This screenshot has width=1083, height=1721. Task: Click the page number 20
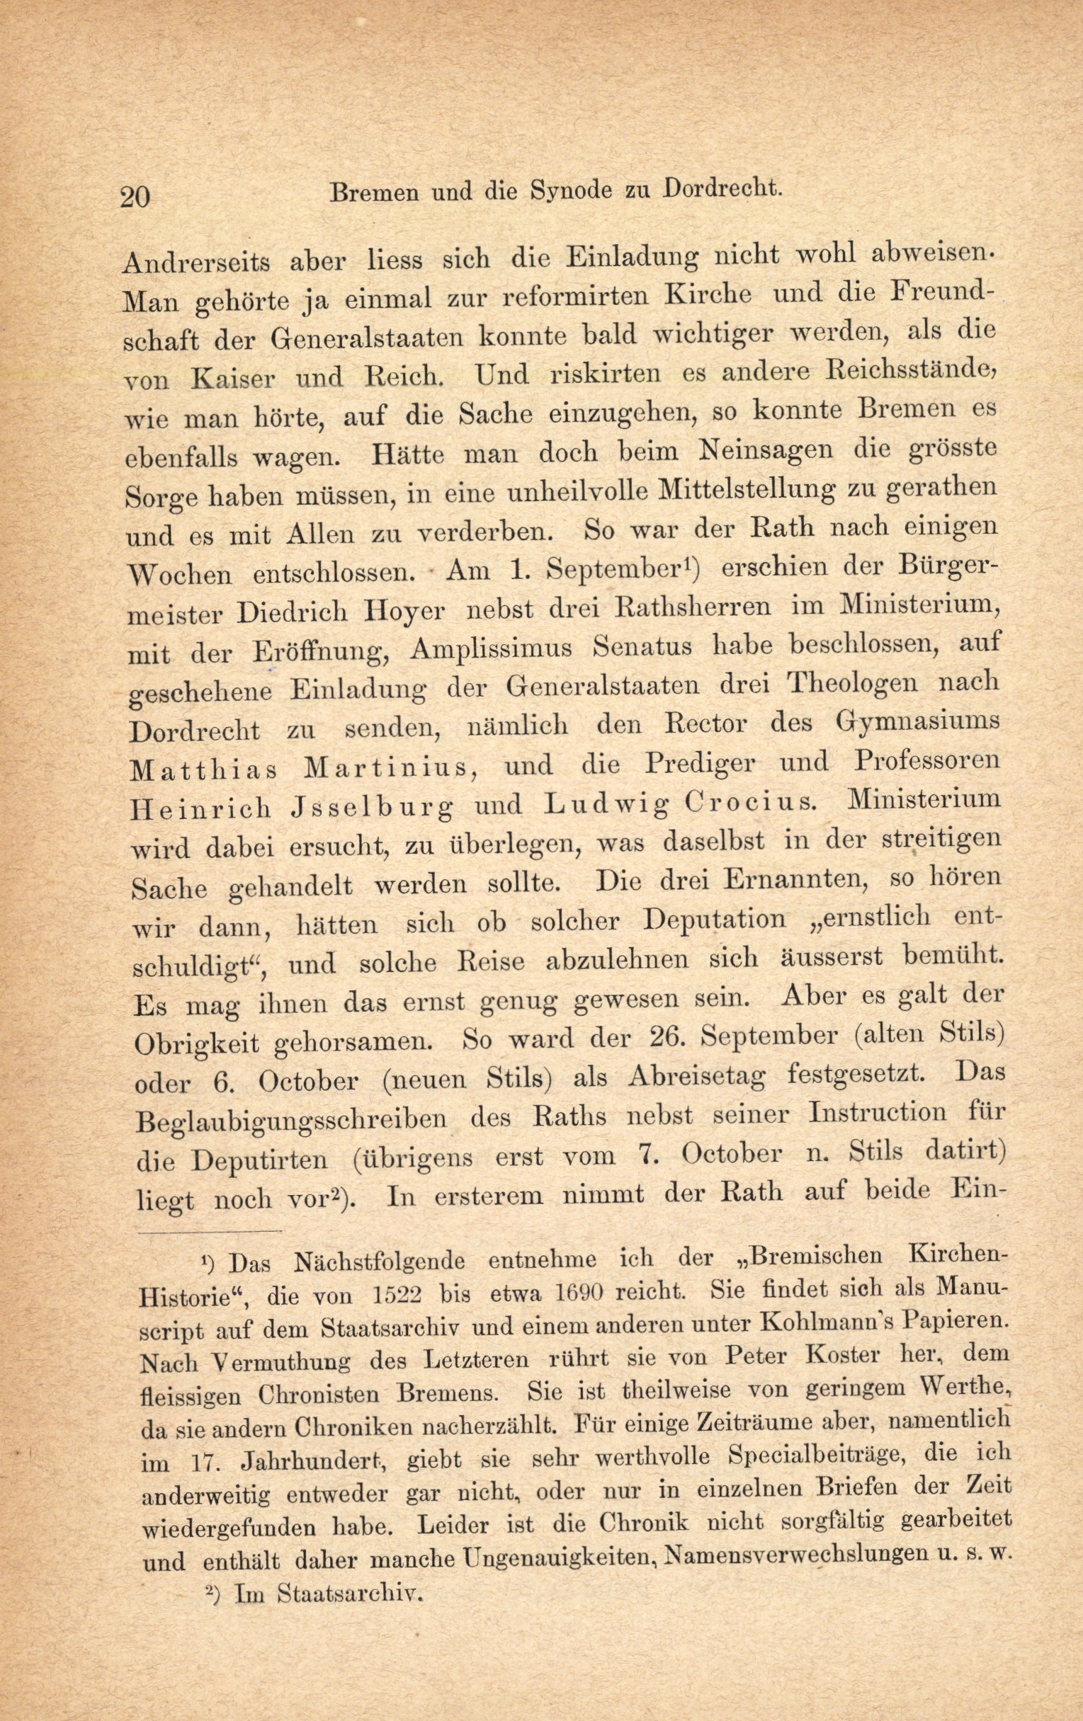pyautogui.click(x=136, y=195)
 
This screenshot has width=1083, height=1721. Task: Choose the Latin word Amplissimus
pyautogui.click(x=498, y=649)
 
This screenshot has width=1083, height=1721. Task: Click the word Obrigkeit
pyautogui.click(x=197, y=1044)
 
